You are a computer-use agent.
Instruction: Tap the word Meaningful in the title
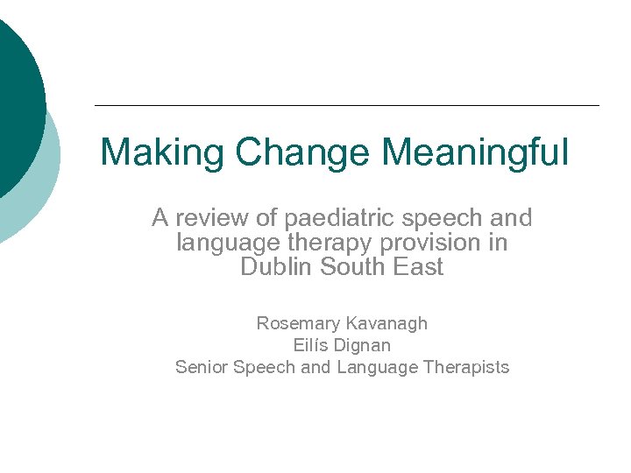474,152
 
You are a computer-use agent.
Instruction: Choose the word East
418,267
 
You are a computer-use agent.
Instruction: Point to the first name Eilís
309,345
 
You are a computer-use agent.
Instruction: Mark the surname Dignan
362,345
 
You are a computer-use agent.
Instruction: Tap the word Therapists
465,367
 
